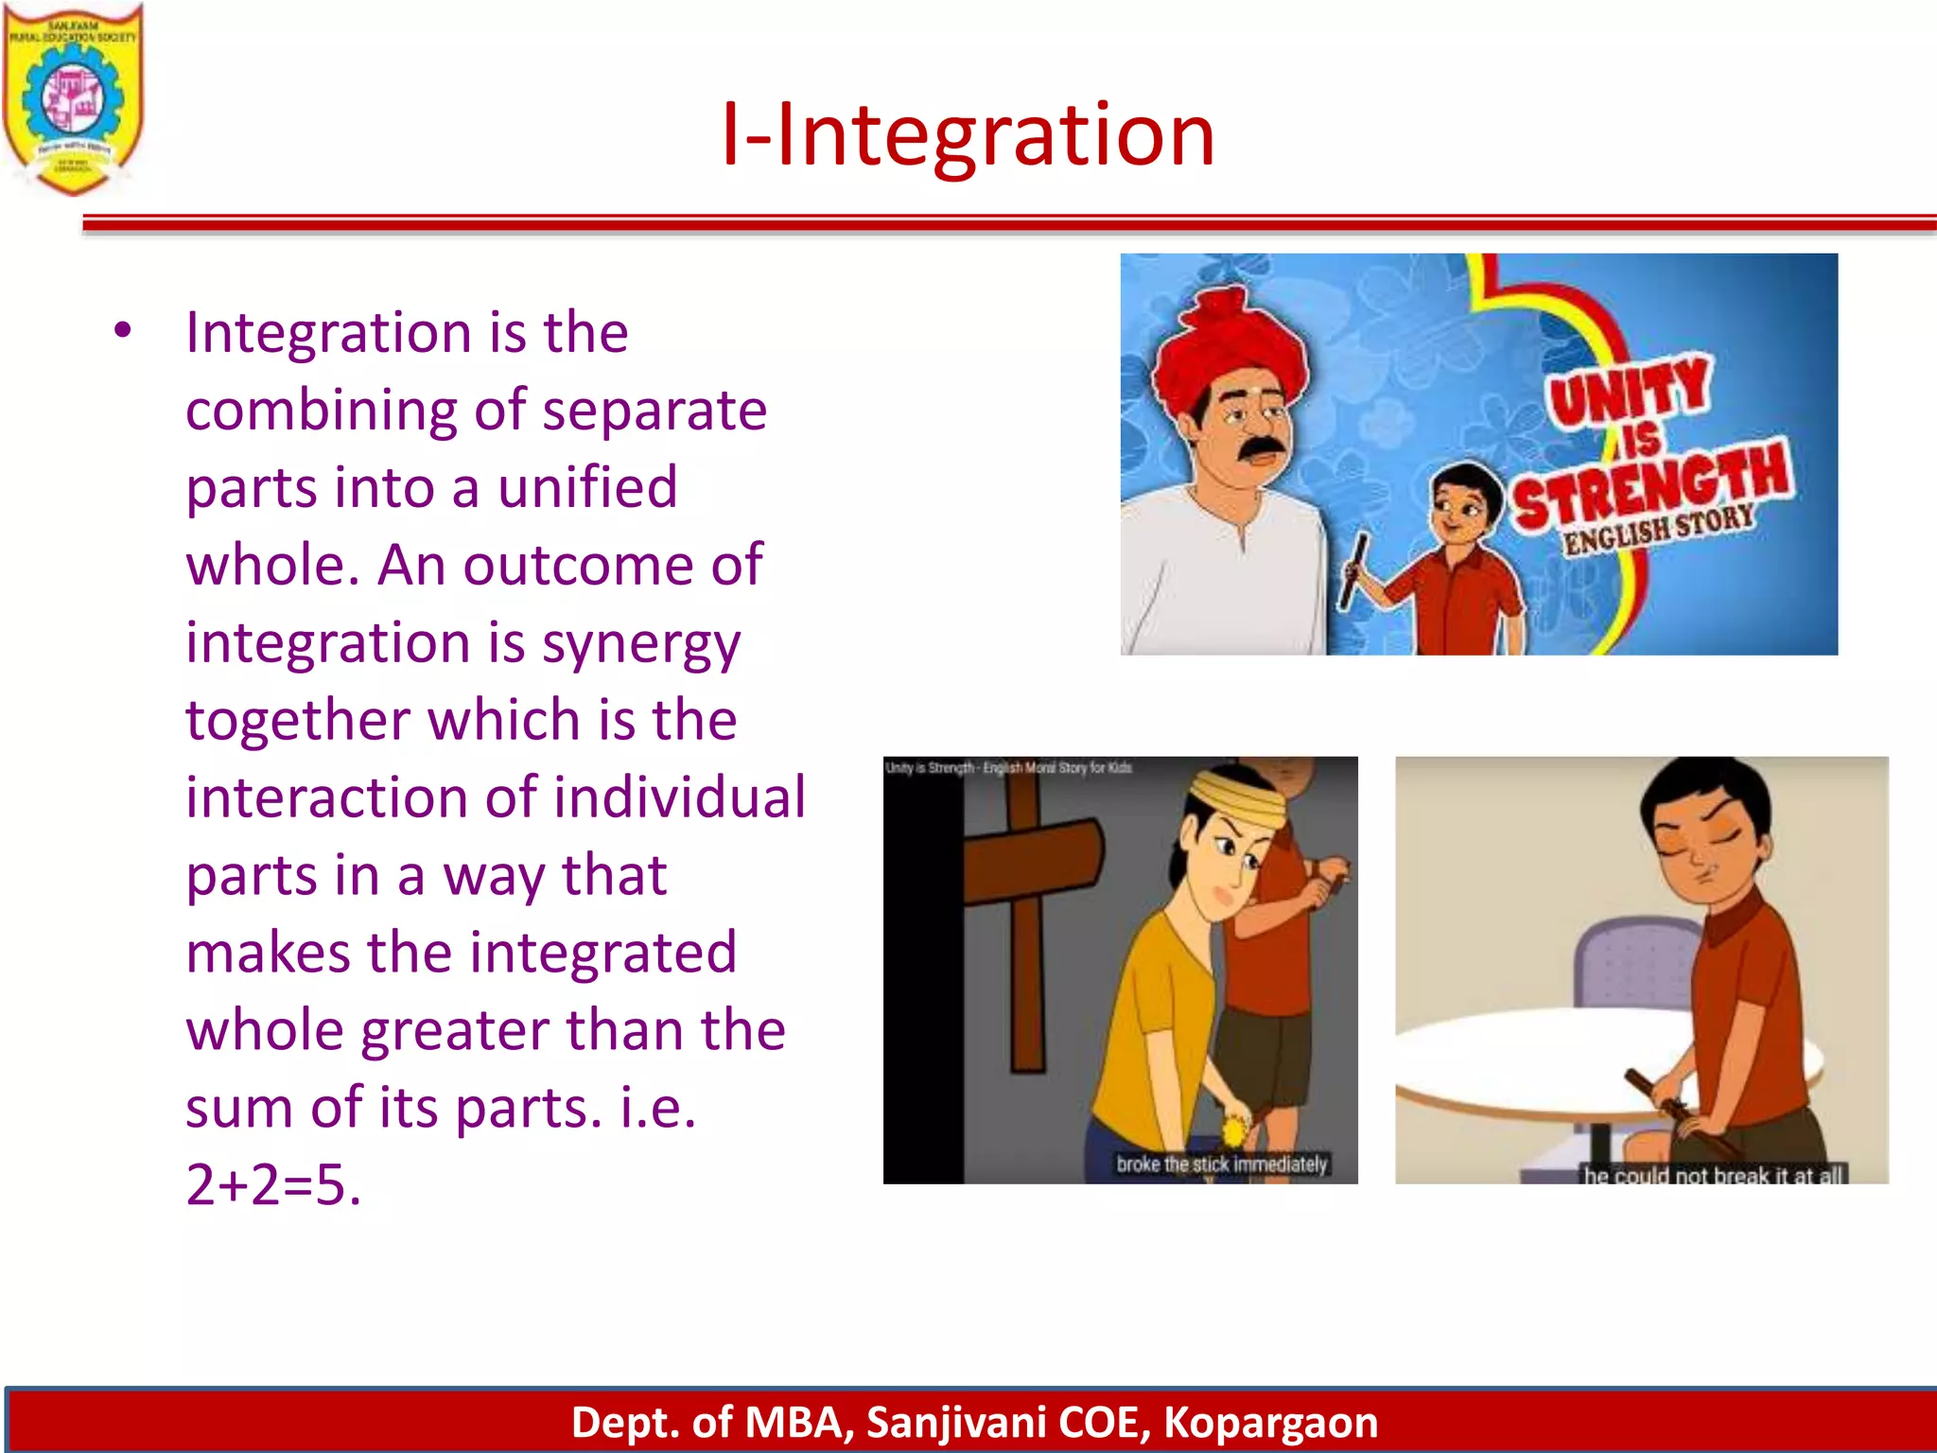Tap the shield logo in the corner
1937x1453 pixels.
[73, 99]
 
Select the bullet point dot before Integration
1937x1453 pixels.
[123, 331]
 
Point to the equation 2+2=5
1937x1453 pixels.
[273, 1183]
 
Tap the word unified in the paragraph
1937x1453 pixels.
[587, 487]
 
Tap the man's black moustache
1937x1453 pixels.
[1262, 451]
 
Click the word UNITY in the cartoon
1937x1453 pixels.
[1629, 390]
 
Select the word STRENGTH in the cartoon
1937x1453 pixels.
[1650, 485]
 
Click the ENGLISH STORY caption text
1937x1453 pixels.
[1657, 530]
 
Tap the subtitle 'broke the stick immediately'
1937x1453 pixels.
[1221, 1164]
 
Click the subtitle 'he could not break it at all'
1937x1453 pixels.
[1713, 1175]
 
